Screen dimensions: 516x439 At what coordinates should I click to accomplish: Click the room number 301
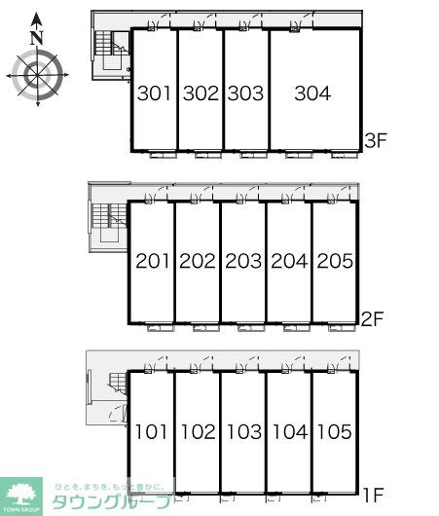pos(155,94)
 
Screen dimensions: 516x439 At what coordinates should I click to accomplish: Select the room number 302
pos(201,94)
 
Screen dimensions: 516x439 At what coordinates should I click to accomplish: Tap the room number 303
pos(245,94)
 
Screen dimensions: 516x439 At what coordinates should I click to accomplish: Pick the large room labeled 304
pos(312,94)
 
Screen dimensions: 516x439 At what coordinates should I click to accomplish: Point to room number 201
pos(152,262)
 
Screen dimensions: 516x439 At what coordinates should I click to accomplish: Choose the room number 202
pos(198,262)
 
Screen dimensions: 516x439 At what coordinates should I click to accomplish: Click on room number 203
pos(243,262)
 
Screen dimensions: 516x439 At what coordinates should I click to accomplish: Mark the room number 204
pos(288,262)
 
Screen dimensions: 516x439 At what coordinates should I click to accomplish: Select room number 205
pos(334,262)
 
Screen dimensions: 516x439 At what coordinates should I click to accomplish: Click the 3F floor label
pos(377,139)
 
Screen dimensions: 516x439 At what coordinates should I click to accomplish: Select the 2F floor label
pos(374,316)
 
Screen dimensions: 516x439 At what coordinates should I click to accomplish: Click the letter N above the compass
pos(36,37)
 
